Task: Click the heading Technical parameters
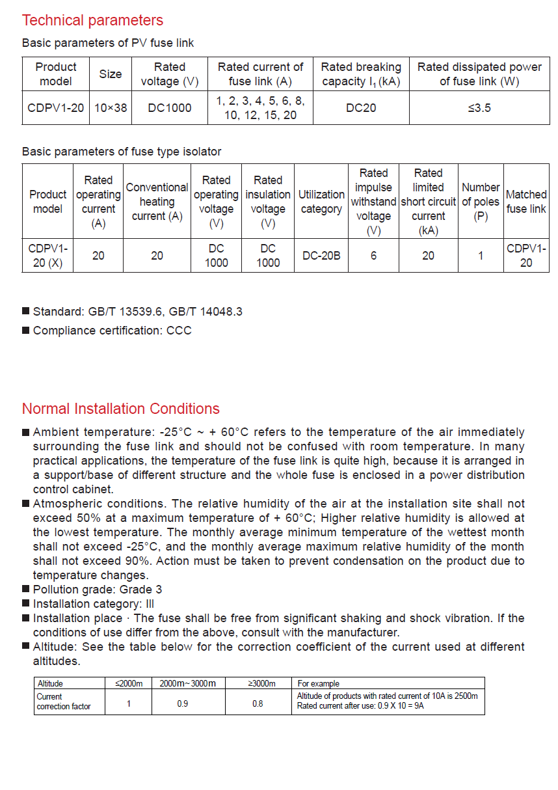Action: pyautogui.click(x=92, y=20)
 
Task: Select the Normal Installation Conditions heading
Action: pyautogui.click(x=120, y=409)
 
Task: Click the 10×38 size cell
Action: pyautogui.click(x=111, y=108)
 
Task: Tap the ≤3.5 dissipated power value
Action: pyautogui.click(x=479, y=108)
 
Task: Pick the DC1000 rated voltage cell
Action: pyautogui.click(x=169, y=108)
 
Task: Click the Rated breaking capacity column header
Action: pyautogui.click(x=361, y=74)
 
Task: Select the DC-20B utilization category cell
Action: pyautogui.click(x=321, y=256)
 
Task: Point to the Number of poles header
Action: pyautogui.click(x=481, y=202)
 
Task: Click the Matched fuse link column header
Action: pyautogui.click(x=526, y=202)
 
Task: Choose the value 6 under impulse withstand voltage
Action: pyautogui.click(x=373, y=256)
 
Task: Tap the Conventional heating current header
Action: pyautogui.click(x=157, y=202)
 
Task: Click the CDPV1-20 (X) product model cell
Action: pyautogui.click(x=48, y=256)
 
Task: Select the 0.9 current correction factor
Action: pyautogui.click(x=183, y=703)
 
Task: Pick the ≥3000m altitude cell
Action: pyautogui.click(x=262, y=683)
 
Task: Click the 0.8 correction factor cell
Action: pyautogui.click(x=258, y=703)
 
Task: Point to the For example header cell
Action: pyautogui.click(x=319, y=683)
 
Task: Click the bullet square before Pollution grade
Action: pyautogui.click(x=26, y=590)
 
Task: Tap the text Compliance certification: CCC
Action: pyautogui.click(x=112, y=331)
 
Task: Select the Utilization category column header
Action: pyautogui.click(x=321, y=202)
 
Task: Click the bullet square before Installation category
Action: pyautogui.click(x=26, y=604)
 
